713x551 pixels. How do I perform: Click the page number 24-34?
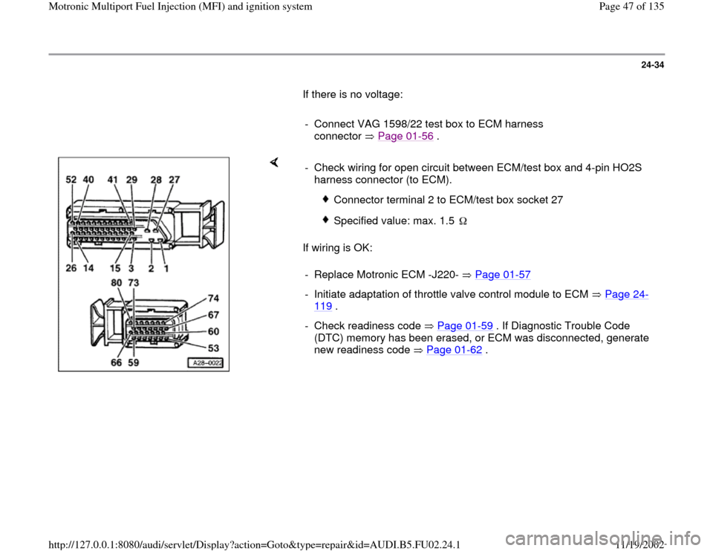pyautogui.click(x=650, y=71)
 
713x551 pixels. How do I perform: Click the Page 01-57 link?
pyautogui.click(x=502, y=275)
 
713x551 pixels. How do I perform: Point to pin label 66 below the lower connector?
pyautogui.click(x=116, y=364)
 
